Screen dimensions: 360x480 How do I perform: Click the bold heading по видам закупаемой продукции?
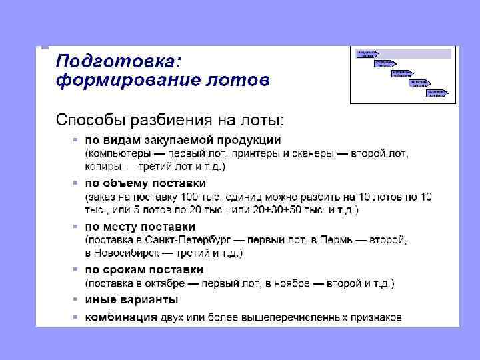(x=183, y=141)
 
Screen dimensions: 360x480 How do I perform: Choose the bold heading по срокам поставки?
(x=144, y=270)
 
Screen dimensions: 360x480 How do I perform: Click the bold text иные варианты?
(x=131, y=299)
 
